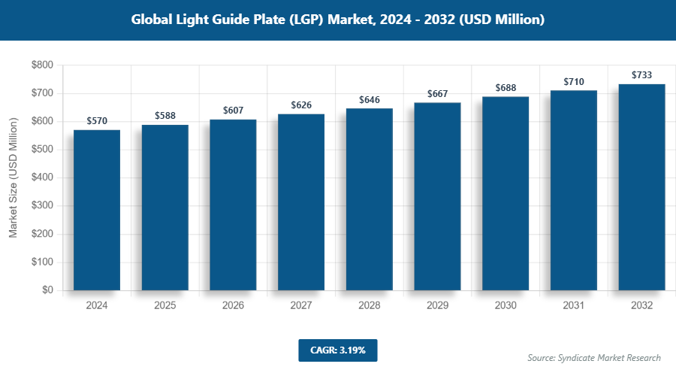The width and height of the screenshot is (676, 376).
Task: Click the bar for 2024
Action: click(x=97, y=210)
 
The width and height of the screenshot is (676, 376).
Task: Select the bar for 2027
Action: click(x=301, y=202)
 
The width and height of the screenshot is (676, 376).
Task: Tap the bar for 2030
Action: click(x=505, y=193)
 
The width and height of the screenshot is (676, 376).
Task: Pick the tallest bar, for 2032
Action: click(x=641, y=187)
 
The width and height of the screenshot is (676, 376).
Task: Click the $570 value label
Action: click(x=97, y=120)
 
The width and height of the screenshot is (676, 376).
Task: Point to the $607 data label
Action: click(x=233, y=111)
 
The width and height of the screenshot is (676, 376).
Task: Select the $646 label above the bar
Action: click(x=370, y=99)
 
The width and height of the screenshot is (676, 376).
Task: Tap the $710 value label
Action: click(x=574, y=81)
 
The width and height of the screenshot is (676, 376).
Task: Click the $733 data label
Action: click(x=641, y=74)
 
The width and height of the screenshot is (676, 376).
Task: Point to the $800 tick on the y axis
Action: click(x=41, y=65)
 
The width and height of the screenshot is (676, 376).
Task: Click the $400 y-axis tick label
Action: click(x=41, y=178)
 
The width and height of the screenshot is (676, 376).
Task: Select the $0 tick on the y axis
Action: click(x=47, y=290)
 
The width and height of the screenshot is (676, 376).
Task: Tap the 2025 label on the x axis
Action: click(x=165, y=305)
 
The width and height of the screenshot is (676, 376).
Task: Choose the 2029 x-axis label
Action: click(x=437, y=305)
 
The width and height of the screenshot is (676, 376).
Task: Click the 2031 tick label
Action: click(x=574, y=305)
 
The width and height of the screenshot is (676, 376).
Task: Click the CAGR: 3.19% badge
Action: click(x=337, y=350)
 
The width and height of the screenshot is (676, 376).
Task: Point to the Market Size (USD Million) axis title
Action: click(x=13, y=178)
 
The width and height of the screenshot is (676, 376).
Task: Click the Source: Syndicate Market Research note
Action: click(x=593, y=357)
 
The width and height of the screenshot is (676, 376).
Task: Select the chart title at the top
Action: click(x=337, y=20)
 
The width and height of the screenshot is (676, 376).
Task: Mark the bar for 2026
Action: click(x=233, y=205)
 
